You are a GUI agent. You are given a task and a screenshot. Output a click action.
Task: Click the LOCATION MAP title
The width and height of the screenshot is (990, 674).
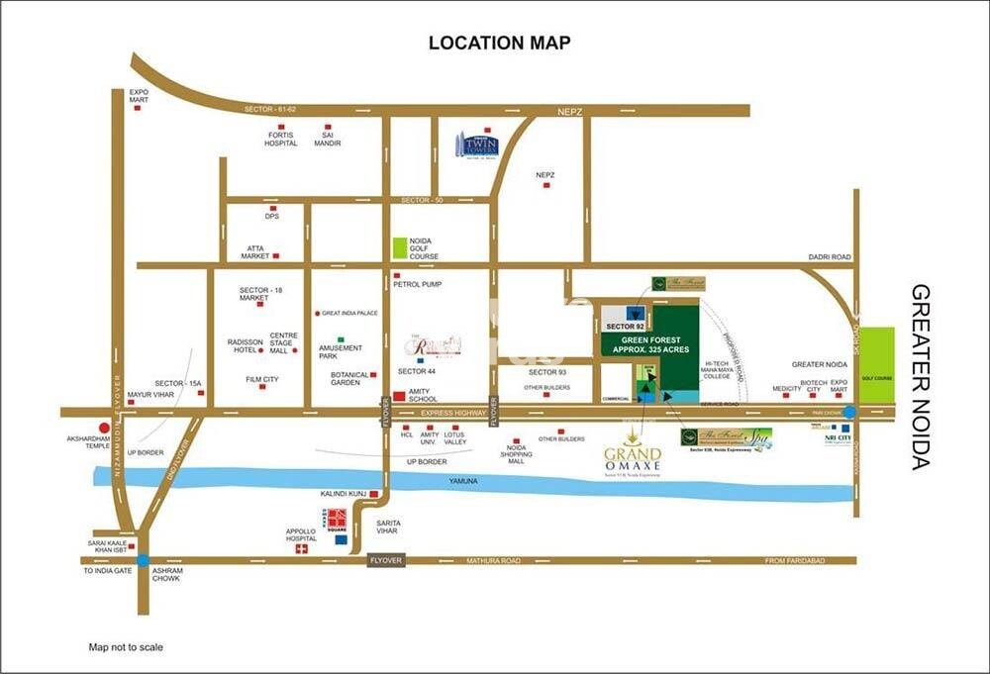499,43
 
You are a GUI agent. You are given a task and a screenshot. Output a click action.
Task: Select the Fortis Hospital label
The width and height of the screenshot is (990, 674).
280,139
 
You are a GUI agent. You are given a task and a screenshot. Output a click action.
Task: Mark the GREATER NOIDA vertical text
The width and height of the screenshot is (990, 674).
922,376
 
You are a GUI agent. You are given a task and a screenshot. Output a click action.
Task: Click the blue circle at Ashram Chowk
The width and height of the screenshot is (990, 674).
144,560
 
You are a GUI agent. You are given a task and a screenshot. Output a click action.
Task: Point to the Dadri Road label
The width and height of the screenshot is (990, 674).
828,257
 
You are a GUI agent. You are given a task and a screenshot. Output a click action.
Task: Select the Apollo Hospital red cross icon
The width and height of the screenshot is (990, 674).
302,548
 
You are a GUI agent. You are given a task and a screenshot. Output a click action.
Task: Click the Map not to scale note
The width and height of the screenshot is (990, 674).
126,646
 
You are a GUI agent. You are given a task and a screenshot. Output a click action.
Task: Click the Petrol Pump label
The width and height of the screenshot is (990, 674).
417,284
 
